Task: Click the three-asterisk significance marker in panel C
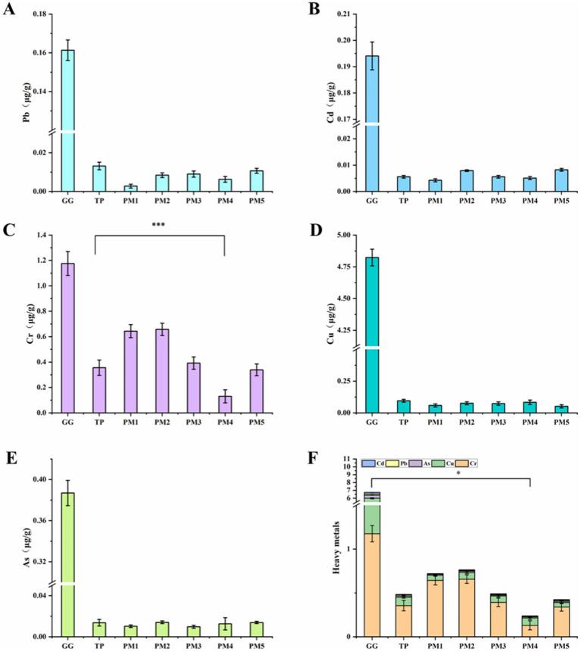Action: [159, 226]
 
